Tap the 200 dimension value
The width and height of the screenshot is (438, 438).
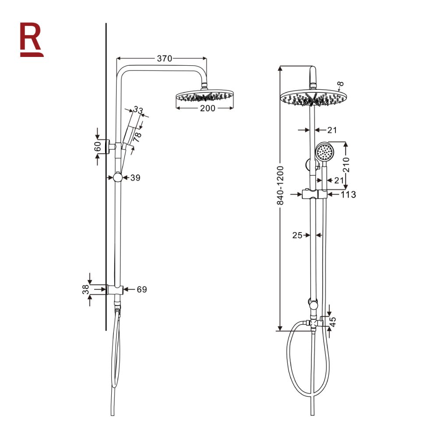[207, 108]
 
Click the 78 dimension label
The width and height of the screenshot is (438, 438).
[138, 137]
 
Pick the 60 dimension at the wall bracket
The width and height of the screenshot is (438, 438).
[97, 146]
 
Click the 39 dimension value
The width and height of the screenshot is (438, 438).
[135, 177]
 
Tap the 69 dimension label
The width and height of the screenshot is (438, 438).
[141, 289]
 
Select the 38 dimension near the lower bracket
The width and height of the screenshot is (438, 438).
[85, 289]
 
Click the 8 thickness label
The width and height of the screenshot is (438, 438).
[341, 84]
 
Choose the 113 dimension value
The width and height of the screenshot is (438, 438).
[348, 194]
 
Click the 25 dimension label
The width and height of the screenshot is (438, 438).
[297, 235]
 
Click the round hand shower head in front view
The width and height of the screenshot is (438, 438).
[325, 152]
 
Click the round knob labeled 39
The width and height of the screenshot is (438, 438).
[117, 177]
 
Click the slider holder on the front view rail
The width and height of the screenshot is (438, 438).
[314, 194]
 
